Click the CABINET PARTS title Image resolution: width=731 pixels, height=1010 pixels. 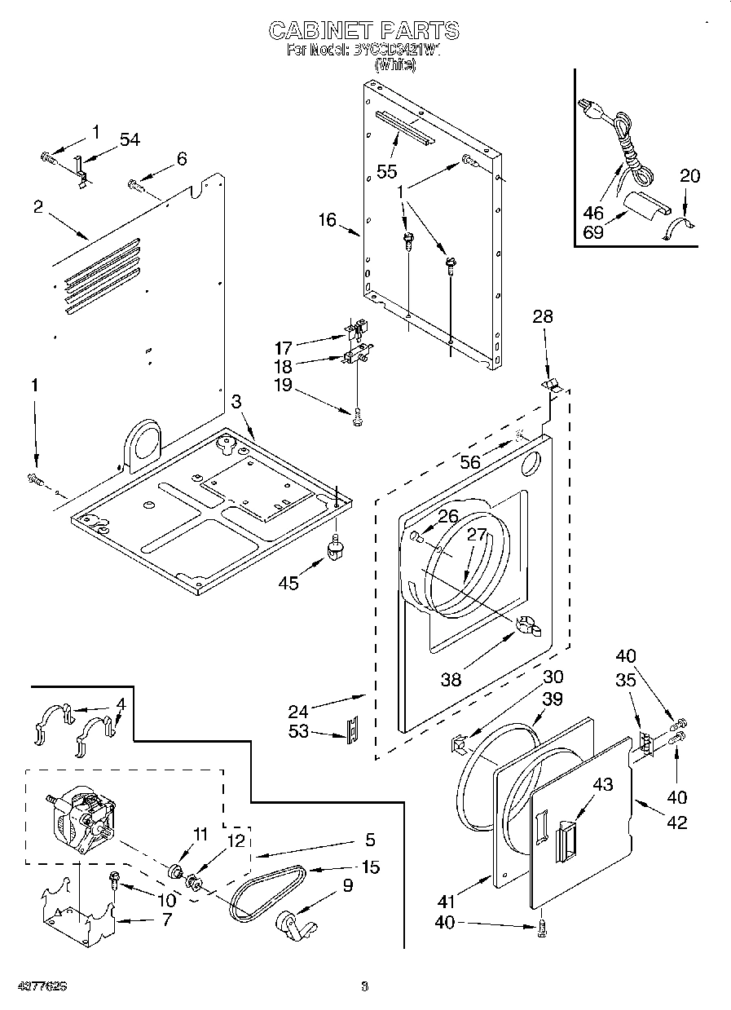click(x=364, y=31)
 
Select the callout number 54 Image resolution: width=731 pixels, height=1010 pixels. click(x=130, y=140)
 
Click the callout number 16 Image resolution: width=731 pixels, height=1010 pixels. click(x=327, y=220)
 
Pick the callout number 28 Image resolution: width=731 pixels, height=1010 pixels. click(x=543, y=316)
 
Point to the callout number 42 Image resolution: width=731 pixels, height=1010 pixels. click(x=676, y=822)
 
